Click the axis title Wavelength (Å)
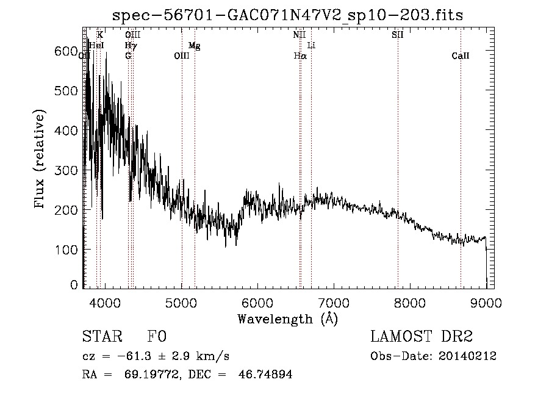pos(287,318)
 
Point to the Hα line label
pos(300,56)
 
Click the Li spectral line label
pos(311,45)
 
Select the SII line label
pos(398,35)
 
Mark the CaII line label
pos(461,56)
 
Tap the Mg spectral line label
pos(195,45)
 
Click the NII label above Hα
pos(299,35)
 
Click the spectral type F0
pos(157,337)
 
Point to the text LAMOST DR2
pos(422,337)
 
